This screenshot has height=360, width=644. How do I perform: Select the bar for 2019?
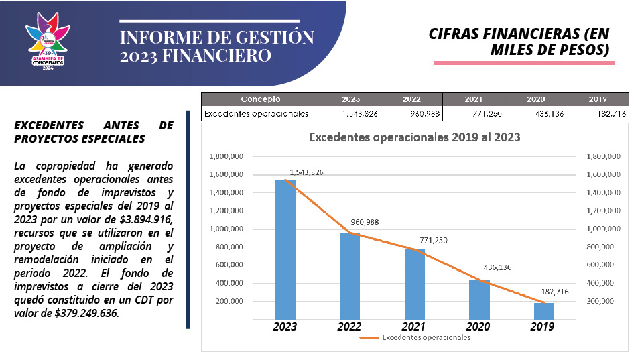[543, 311]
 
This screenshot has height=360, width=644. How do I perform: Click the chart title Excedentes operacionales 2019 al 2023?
[414, 137]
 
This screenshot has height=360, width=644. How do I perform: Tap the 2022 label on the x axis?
[350, 327]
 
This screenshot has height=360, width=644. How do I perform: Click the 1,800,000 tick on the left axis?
[226, 157]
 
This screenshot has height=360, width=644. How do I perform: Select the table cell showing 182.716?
[610, 114]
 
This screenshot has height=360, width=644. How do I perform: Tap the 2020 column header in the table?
[536, 99]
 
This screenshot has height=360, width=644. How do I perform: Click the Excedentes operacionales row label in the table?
[256, 114]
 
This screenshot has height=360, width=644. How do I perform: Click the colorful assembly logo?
[48, 43]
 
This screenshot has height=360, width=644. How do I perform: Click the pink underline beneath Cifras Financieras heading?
[524, 62]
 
